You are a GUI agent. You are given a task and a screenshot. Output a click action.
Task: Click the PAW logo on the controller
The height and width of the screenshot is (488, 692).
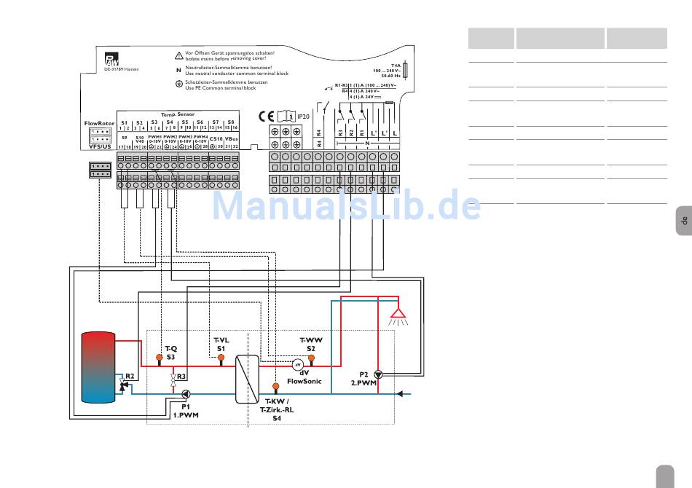tap(110, 60)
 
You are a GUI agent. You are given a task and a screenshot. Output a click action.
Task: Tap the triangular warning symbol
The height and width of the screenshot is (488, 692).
tap(179, 55)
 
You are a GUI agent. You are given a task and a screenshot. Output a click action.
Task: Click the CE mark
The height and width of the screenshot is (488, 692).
tap(267, 116)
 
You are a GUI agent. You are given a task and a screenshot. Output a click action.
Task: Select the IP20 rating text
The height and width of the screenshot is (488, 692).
tap(303, 116)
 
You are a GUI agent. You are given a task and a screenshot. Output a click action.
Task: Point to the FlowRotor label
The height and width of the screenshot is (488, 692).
tap(99, 123)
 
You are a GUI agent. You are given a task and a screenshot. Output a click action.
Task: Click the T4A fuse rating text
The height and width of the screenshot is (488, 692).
tap(396, 66)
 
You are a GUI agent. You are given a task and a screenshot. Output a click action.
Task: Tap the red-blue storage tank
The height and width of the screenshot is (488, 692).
tap(98, 368)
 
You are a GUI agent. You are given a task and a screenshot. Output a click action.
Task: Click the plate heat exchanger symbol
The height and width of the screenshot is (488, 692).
tap(248, 379)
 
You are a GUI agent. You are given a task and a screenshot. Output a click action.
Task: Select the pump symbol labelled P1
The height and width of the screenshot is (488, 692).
tap(185, 394)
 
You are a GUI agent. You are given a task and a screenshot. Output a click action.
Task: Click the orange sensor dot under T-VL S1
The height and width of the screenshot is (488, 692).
tap(221, 357)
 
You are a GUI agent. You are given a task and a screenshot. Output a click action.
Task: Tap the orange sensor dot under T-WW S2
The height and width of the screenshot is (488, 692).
tap(311, 358)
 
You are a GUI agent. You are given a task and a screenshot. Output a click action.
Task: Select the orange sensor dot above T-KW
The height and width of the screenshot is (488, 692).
tap(276, 386)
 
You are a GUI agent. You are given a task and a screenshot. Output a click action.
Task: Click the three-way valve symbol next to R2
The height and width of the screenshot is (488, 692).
tap(123, 387)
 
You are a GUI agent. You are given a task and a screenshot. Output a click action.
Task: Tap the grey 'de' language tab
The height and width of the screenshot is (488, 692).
tap(683, 220)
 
